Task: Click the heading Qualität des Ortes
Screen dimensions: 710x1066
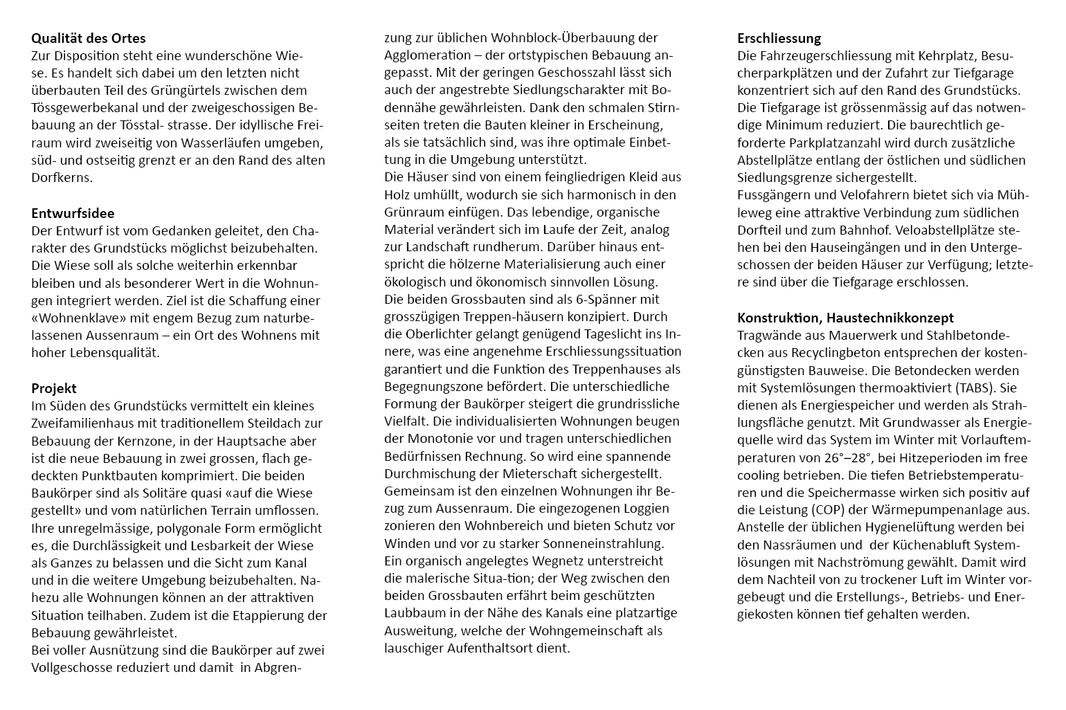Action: tap(89, 38)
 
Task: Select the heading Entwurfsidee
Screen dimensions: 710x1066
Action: tap(73, 213)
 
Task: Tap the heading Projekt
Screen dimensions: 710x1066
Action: tap(54, 388)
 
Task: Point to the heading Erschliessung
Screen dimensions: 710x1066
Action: tap(779, 38)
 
